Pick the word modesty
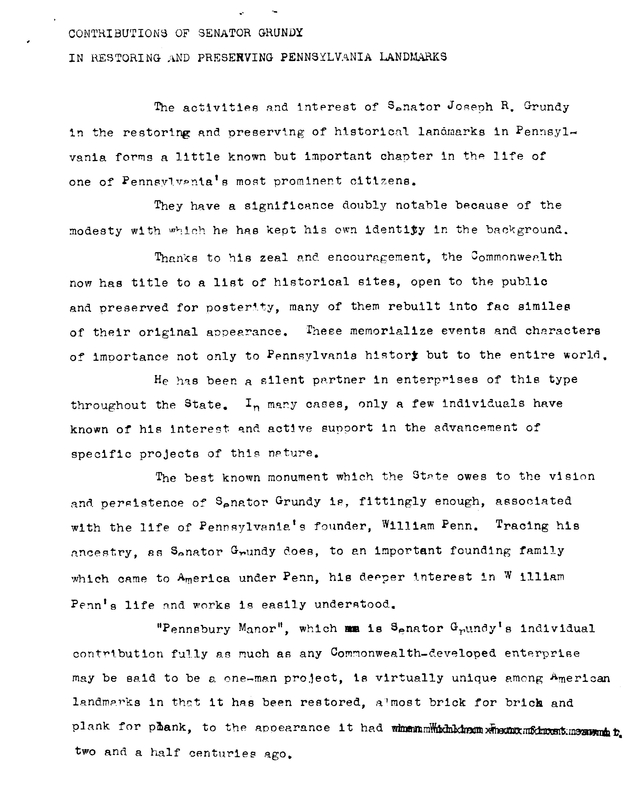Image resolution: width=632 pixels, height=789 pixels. pos(95,231)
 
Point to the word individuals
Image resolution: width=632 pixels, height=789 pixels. pos(483,404)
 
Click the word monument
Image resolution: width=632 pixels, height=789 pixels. pos(298,477)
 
